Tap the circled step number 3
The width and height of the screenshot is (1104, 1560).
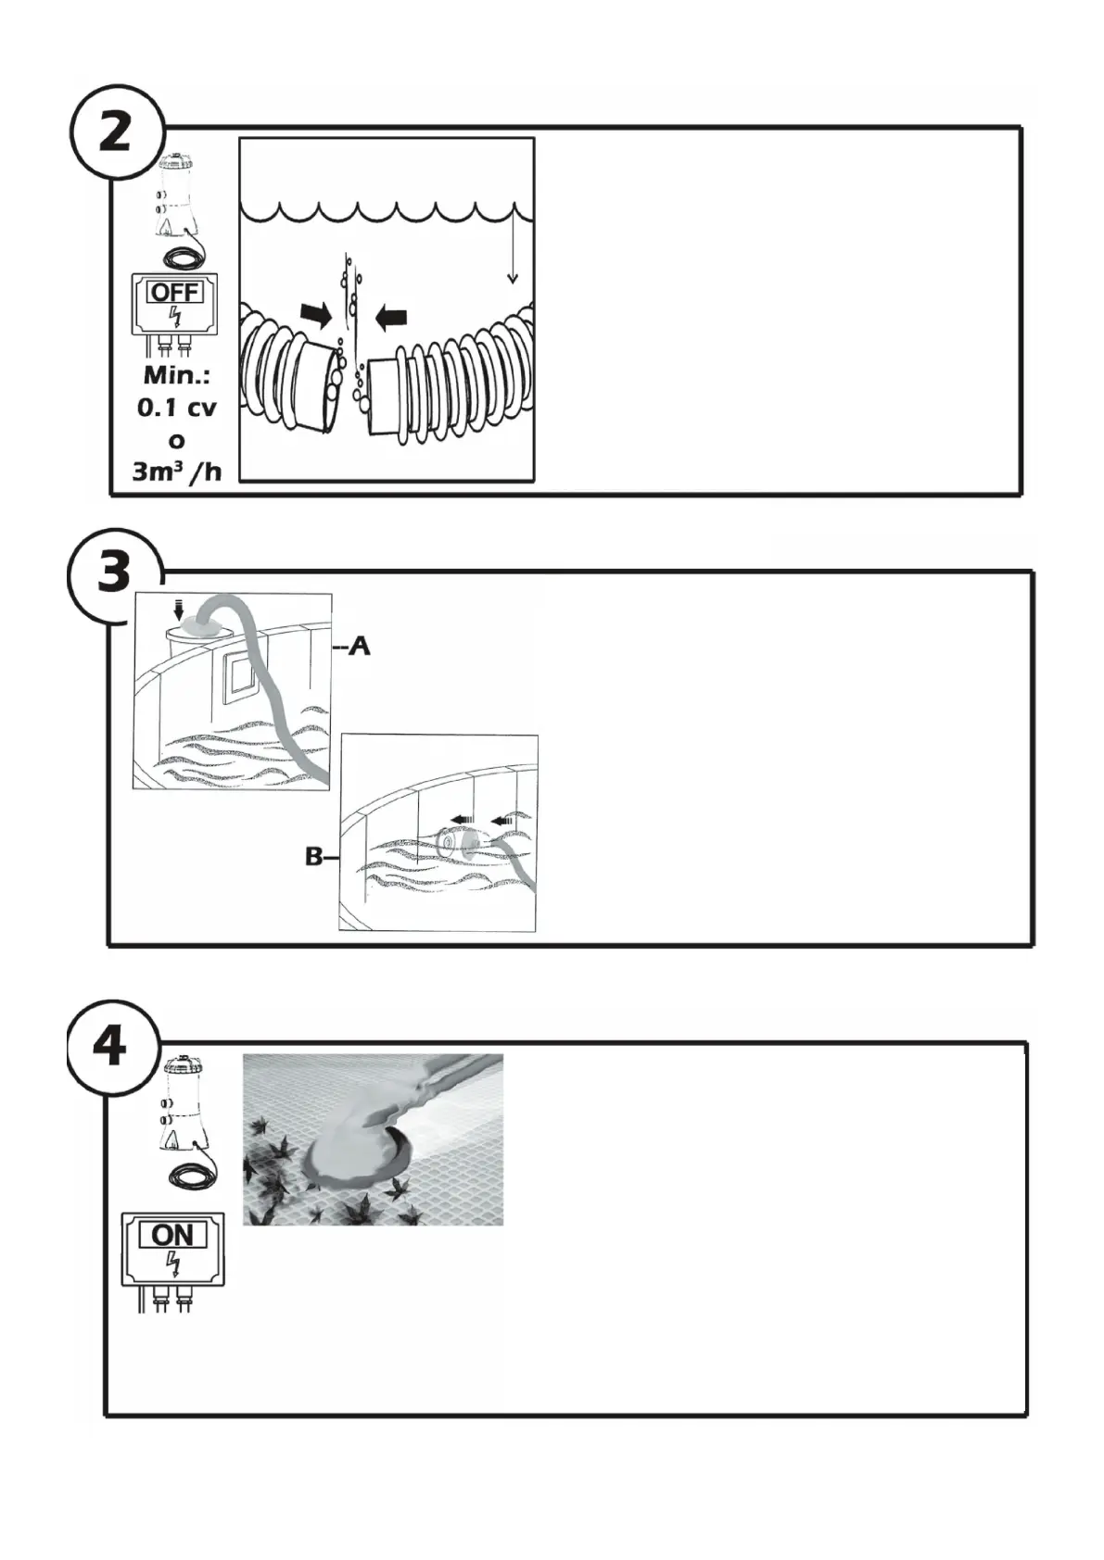(x=114, y=572)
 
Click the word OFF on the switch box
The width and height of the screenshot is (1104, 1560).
(x=174, y=293)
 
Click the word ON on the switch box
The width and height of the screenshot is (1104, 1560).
(x=172, y=1234)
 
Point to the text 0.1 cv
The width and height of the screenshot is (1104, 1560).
(x=176, y=408)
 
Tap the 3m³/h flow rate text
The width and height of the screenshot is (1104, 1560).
(x=176, y=472)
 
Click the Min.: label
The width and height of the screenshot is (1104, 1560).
(x=176, y=376)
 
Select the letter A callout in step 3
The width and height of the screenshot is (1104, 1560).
(x=359, y=647)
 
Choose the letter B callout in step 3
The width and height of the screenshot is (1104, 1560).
(x=315, y=858)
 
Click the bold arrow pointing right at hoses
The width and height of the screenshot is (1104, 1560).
(x=317, y=316)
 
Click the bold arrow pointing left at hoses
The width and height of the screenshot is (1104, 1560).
(x=391, y=318)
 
